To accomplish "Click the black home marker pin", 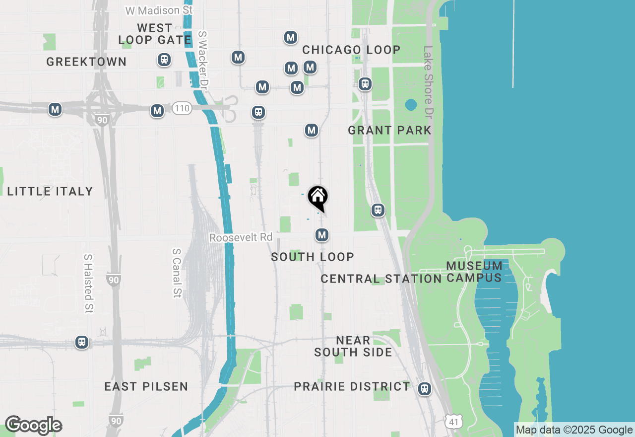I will (x=317, y=197).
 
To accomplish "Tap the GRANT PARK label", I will (x=389, y=131).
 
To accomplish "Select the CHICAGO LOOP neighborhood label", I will (x=351, y=50).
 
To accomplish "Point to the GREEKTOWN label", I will (x=86, y=62).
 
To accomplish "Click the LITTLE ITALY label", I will (x=50, y=191).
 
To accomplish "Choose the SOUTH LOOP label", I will (x=313, y=257).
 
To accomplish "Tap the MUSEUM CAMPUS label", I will (x=474, y=272).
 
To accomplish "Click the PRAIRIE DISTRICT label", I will (x=352, y=386).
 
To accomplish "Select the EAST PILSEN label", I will (x=146, y=386).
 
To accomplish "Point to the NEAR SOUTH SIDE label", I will (x=353, y=346).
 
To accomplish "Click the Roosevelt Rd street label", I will (x=241, y=238).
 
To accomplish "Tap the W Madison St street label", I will (x=159, y=10).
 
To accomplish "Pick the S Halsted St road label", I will (x=88, y=284).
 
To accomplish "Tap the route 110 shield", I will (x=182, y=108).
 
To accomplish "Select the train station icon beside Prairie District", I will (x=424, y=388).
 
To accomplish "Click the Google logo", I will (x=33, y=426).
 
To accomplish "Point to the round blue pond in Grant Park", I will (x=410, y=105).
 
